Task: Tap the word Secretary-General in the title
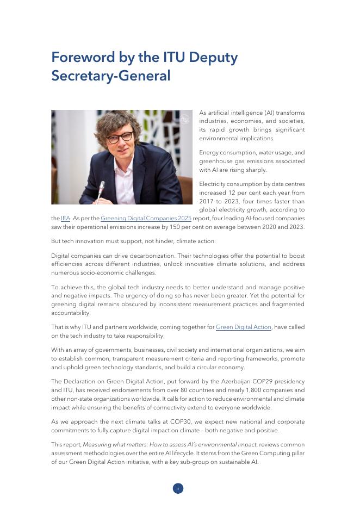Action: [110, 76]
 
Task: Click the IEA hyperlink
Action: [66, 219]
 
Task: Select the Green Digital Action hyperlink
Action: [244, 327]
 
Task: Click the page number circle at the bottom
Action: [178, 488]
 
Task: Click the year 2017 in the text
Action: [207, 201]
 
